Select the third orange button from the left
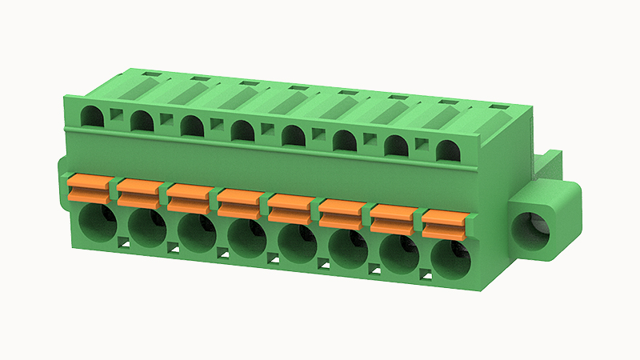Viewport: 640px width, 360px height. tap(190, 197)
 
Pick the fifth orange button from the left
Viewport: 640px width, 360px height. tap(291, 207)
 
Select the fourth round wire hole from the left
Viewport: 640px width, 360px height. tap(249, 238)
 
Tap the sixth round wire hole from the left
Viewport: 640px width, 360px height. tap(350, 249)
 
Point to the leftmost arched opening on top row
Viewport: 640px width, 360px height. tap(93, 117)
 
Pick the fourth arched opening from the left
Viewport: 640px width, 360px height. tap(242, 131)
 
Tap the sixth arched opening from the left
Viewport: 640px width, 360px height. tap(345, 141)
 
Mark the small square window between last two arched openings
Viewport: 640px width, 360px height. tap(421, 145)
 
